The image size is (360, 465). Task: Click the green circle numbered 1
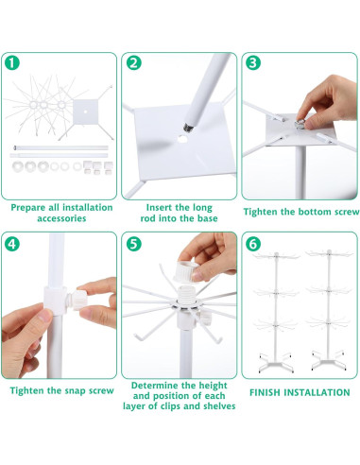pos(12,63)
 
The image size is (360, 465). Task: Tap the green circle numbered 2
pos(134,63)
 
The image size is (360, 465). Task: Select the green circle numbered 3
pos(253,63)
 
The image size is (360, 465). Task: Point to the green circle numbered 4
pos(12,244)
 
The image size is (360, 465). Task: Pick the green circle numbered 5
pos(134,244)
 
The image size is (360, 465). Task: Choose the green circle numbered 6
pos(253,244)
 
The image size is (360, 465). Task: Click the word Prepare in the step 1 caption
pos(28,208)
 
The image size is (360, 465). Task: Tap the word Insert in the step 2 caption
pos(159,208)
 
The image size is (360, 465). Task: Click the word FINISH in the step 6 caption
pos(266,392)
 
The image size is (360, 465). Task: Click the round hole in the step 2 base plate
pos(182,138)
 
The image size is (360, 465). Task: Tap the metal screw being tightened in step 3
pos(300,124)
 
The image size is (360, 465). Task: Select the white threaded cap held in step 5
pos(185,271)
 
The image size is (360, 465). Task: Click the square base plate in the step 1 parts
pos(86,112)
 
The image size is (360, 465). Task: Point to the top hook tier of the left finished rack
pos(276,256)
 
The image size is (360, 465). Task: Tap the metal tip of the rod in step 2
pos(188,128)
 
